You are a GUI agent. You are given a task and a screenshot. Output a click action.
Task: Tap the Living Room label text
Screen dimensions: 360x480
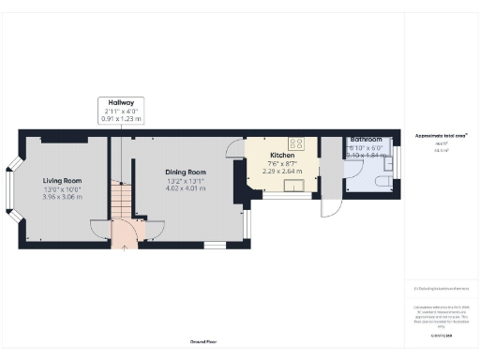[x=62, y=181]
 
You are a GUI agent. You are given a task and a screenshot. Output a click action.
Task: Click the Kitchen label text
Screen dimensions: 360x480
[x=282, y=155]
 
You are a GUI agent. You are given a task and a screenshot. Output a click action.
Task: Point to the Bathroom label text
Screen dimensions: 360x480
[x=366, y=140]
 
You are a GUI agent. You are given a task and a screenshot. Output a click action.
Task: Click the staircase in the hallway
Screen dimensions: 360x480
[x=119, y=199]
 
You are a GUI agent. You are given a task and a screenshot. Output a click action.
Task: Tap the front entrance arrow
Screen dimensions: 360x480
[x=125, y=247]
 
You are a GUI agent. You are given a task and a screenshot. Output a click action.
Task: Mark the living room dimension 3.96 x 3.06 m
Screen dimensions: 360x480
[x=62, y=197]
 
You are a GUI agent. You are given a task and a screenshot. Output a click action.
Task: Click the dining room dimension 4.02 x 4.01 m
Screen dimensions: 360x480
[x=185, y=188]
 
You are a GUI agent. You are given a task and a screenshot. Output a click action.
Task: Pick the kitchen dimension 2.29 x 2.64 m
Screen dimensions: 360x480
[x=282, y=171]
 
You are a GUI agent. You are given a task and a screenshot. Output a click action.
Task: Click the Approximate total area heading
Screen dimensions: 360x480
[x=442, y=135]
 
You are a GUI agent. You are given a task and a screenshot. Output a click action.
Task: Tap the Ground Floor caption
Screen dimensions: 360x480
[x=203, y=343]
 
